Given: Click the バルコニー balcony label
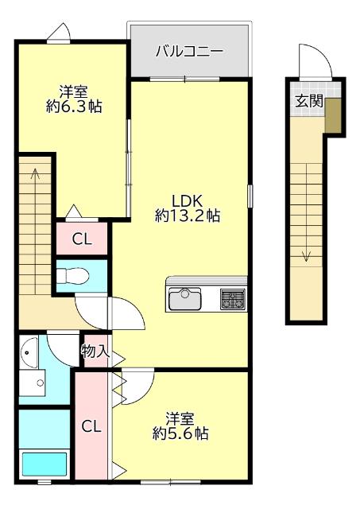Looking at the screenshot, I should point(188,52).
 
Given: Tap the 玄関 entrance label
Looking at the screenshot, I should point(308,101).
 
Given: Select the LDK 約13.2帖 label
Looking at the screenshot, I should point(188,207).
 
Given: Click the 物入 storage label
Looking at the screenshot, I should point(95,351).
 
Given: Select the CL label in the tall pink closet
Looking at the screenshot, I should point(92,426).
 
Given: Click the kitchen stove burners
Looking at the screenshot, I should point(233,299).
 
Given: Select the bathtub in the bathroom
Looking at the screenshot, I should point(44,464).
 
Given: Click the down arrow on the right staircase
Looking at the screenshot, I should point(306,254).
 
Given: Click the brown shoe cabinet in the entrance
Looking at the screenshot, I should point(333,116).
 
